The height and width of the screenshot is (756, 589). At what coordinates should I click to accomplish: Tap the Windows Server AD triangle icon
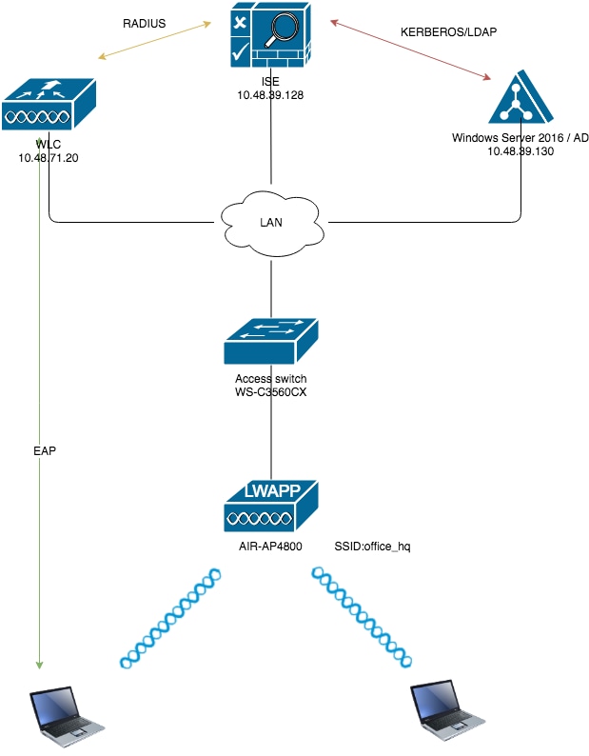tap(520, 99)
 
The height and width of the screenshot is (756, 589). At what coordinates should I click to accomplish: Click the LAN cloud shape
tap(271, 222)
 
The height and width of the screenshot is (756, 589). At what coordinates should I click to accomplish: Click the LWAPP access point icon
tap(271, 506)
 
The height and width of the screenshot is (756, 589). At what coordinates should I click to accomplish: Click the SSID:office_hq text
tap(372, 547)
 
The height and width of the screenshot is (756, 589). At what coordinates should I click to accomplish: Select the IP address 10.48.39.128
tap(271, 96)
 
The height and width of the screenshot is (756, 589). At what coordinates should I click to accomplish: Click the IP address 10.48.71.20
tap(48, 157)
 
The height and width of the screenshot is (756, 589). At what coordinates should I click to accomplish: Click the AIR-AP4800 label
tap(271, 547)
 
